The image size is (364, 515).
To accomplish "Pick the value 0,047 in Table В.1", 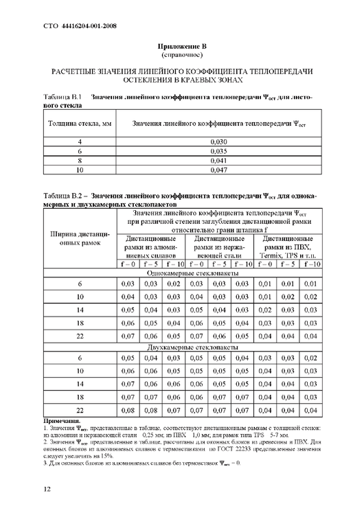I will point(218,169).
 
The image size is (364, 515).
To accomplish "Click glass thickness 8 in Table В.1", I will point(80,159).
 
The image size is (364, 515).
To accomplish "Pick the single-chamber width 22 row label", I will point(80,337).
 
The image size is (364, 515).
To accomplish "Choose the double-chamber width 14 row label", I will point(80,384).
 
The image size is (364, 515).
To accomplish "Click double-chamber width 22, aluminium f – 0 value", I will point(128,410).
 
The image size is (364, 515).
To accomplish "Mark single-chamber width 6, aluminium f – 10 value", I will point(174,284).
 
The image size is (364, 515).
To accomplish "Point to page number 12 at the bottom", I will point(47,489).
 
